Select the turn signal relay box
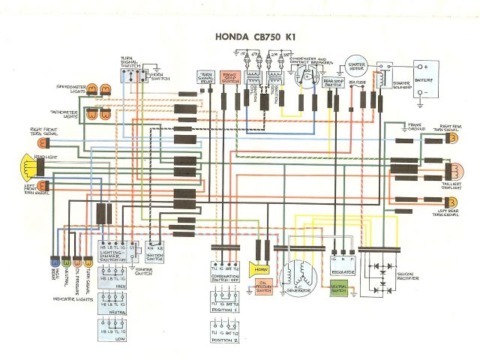[203, 78]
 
